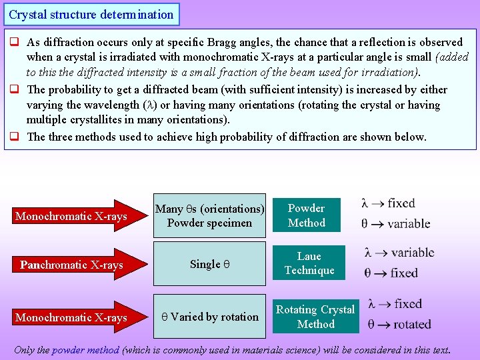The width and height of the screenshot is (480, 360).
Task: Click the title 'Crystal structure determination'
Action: coord(91,14)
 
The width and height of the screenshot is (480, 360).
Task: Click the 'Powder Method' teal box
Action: coord(306,215)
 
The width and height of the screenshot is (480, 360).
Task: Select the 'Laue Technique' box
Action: coord(309,263)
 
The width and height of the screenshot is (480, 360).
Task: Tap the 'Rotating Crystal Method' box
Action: coord(315,317)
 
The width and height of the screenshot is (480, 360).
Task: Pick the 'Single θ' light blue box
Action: coord(209,264)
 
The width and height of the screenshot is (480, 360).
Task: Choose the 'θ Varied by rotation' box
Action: coord(209,317)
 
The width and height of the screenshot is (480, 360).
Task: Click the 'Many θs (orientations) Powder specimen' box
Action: coord(209,215)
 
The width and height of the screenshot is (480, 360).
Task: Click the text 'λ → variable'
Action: coord(399,253)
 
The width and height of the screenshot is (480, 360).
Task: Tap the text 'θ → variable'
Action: coord(395,223)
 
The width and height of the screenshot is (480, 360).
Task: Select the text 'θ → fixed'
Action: coord(391,273)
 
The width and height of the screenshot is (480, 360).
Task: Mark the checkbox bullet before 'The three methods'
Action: coord(13,137)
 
